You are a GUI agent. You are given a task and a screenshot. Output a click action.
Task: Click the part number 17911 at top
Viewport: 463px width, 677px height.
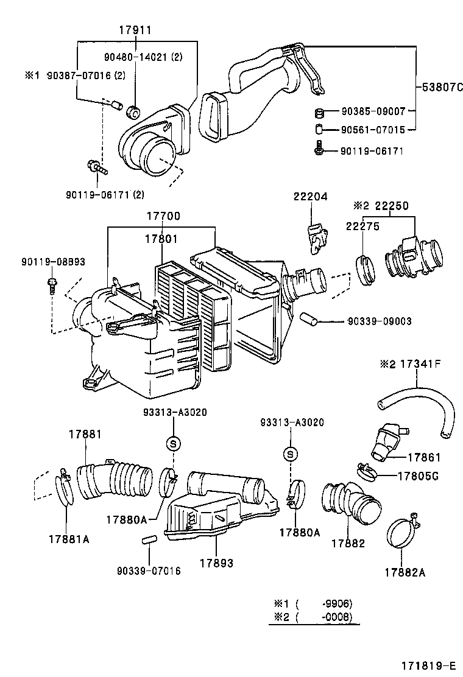(x=135, y=29)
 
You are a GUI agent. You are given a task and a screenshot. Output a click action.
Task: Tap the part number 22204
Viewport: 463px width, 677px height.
(x=310, y=197)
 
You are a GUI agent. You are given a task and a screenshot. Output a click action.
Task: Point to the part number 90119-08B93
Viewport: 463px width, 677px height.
(x=52, y=262)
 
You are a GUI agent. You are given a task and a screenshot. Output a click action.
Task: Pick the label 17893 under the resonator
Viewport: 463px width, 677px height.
(x=217, y=564)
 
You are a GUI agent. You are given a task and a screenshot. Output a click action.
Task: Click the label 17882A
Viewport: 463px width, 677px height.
(x=405, y=572)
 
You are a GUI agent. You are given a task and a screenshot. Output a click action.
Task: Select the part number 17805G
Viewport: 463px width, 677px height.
(x=417, y=475)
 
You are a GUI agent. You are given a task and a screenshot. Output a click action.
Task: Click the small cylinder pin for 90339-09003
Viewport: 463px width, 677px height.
(x=308, y=318)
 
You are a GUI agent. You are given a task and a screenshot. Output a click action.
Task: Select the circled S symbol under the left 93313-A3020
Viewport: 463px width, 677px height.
(x=173, y=443)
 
